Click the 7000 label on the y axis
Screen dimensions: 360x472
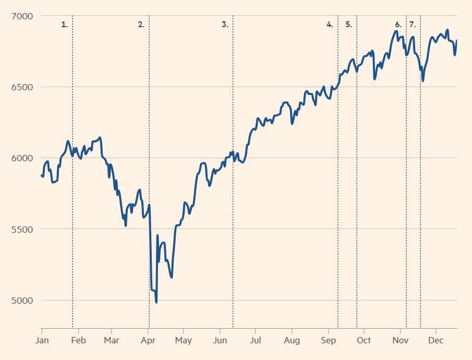point(22,16)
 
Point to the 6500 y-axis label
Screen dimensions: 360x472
point(22,87)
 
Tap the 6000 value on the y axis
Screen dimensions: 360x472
point(22,158)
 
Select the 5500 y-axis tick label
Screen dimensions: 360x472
point(22,230)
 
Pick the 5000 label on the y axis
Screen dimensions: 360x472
point(22,301)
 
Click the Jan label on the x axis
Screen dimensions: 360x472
point(42,341)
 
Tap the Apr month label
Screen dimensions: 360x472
point(149,341)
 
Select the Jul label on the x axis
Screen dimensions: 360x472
point(255,341)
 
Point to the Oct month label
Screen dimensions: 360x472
point(364,341)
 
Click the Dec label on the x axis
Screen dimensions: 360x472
point(435,341)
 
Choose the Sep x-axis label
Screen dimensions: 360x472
point(328,341)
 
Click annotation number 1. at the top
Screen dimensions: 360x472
point(65,25)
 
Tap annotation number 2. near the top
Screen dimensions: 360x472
point(141,25)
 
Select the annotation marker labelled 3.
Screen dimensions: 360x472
point(225,25)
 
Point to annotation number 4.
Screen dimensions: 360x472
point(330,25)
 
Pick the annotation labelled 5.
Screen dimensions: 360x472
point(348,25)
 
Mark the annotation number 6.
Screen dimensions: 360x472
point(398,25)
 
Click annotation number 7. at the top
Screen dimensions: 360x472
point(413,25)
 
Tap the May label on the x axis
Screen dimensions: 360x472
point(183,341)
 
